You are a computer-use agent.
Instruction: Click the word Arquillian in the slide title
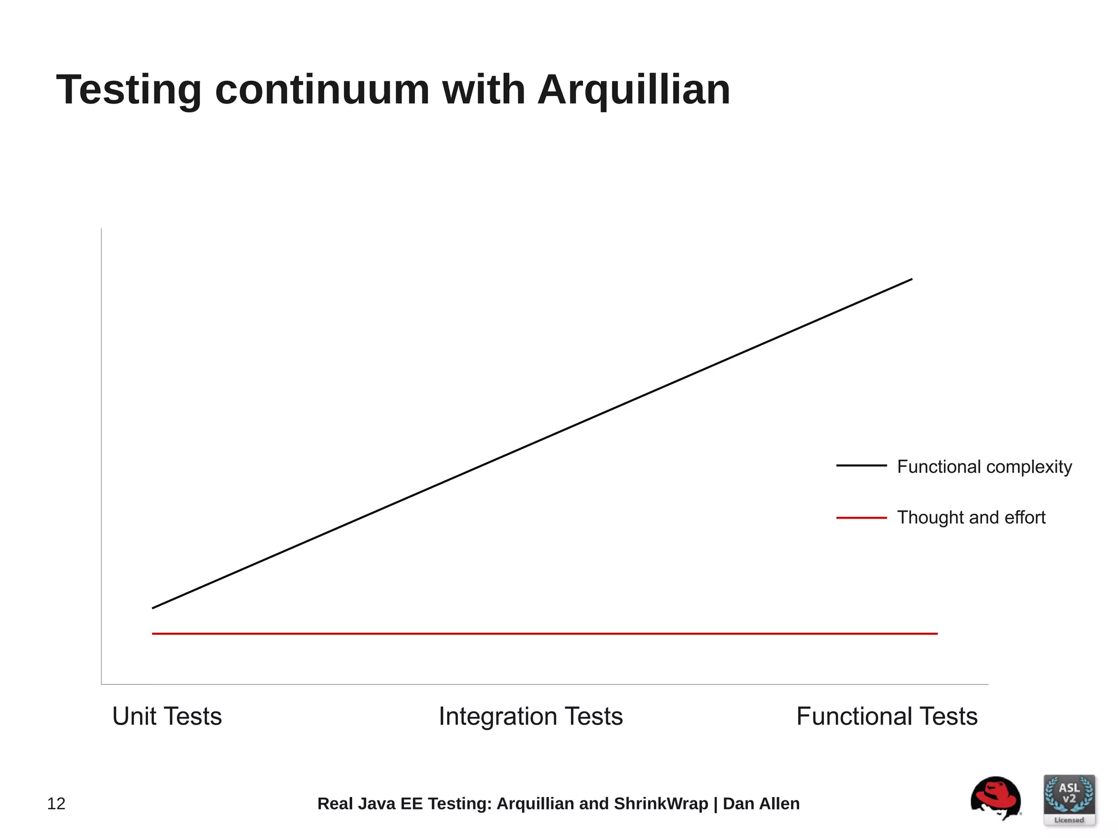coord(634,90)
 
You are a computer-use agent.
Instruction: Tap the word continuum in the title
coord(322,90)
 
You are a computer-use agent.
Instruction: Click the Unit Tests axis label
coord(167,716)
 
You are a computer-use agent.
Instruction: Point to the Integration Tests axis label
coord(531,716)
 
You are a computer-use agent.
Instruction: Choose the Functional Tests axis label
coord(887,716)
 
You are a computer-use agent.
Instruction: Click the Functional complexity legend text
coord(984,467)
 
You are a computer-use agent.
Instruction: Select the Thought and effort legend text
coord(971,517)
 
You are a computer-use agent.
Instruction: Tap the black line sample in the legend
coord(861,466)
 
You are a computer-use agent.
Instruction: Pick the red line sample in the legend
coord(861,518)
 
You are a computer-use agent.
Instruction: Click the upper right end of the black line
coord(911,280)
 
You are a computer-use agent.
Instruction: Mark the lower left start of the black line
coord(153,608)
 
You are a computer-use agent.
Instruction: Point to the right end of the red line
coord(936,634)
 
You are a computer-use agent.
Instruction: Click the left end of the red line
coord(153,634)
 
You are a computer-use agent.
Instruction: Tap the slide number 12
coord(56,804)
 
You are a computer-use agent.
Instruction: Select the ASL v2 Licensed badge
coord(1069,800)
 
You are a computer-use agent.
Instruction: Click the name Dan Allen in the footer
coord(761,804)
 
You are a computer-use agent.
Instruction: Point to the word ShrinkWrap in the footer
coord(661,804)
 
